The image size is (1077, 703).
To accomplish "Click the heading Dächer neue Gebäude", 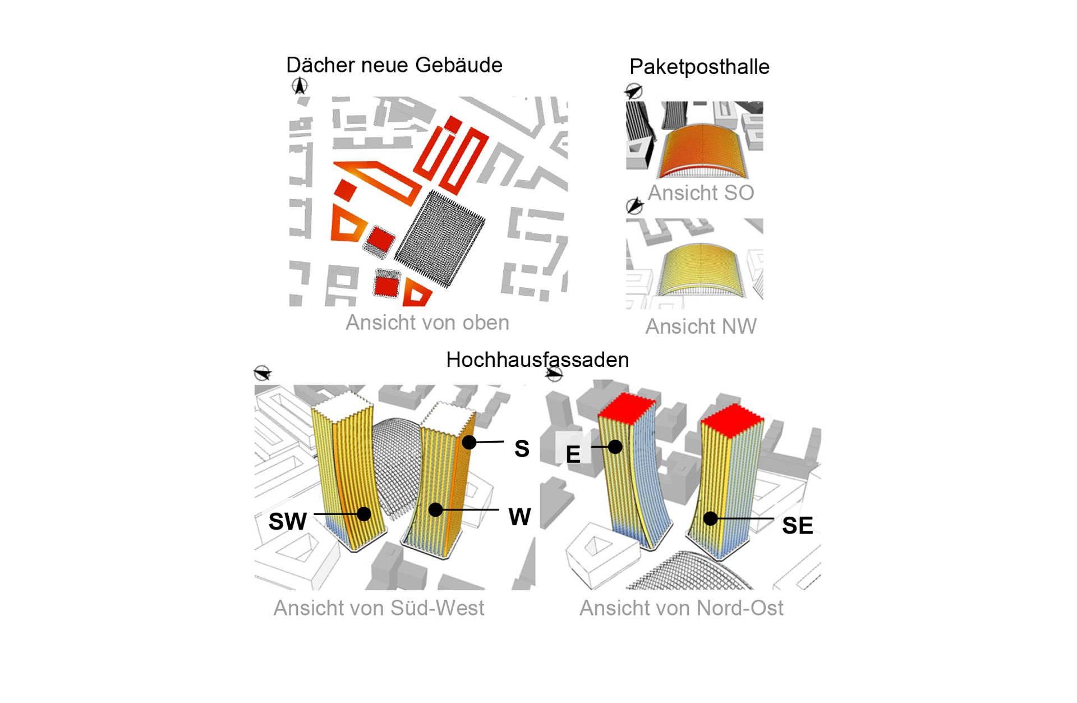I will tap(394, 65).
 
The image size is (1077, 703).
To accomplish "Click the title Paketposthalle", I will tap(699, 67).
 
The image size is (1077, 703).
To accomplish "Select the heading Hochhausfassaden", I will tap(537, 360).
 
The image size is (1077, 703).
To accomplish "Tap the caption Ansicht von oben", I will tap(427, 323).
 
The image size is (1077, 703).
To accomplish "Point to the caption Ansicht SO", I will tap(701, 193).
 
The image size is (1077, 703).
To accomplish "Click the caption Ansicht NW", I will tap(701, 327).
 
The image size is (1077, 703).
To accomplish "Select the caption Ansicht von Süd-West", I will tap(379, 608).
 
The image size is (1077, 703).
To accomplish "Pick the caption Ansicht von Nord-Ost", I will tap(681, 608).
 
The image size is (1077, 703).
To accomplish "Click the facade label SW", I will tap(288, 522).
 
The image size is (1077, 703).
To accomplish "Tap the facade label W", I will tap(519, 517).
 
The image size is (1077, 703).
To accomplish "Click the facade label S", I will tap(522, 449).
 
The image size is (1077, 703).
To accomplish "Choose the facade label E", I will tap(573, 454).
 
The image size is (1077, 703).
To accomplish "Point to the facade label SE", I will tap(797, 526).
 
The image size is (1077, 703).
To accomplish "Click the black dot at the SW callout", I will tap(364, 513).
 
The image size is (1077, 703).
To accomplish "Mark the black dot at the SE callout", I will tap(711, 518).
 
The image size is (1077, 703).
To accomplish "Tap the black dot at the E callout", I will tap(615, 447).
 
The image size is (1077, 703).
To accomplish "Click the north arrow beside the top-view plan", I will tap(300, 86).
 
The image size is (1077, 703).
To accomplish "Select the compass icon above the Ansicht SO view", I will tap(634, 91).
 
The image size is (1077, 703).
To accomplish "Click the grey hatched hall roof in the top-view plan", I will tap(440, 238).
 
